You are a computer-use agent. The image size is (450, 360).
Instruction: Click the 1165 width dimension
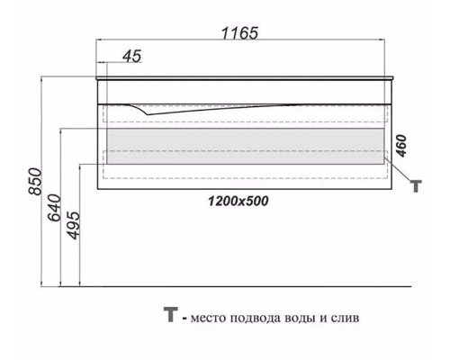click(238, 33)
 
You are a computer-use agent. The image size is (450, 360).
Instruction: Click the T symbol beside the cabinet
click(416, 185)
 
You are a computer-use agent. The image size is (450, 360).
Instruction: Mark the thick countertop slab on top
click(243, 81)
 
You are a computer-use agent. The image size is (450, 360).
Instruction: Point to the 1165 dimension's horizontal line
click(243, 42)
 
